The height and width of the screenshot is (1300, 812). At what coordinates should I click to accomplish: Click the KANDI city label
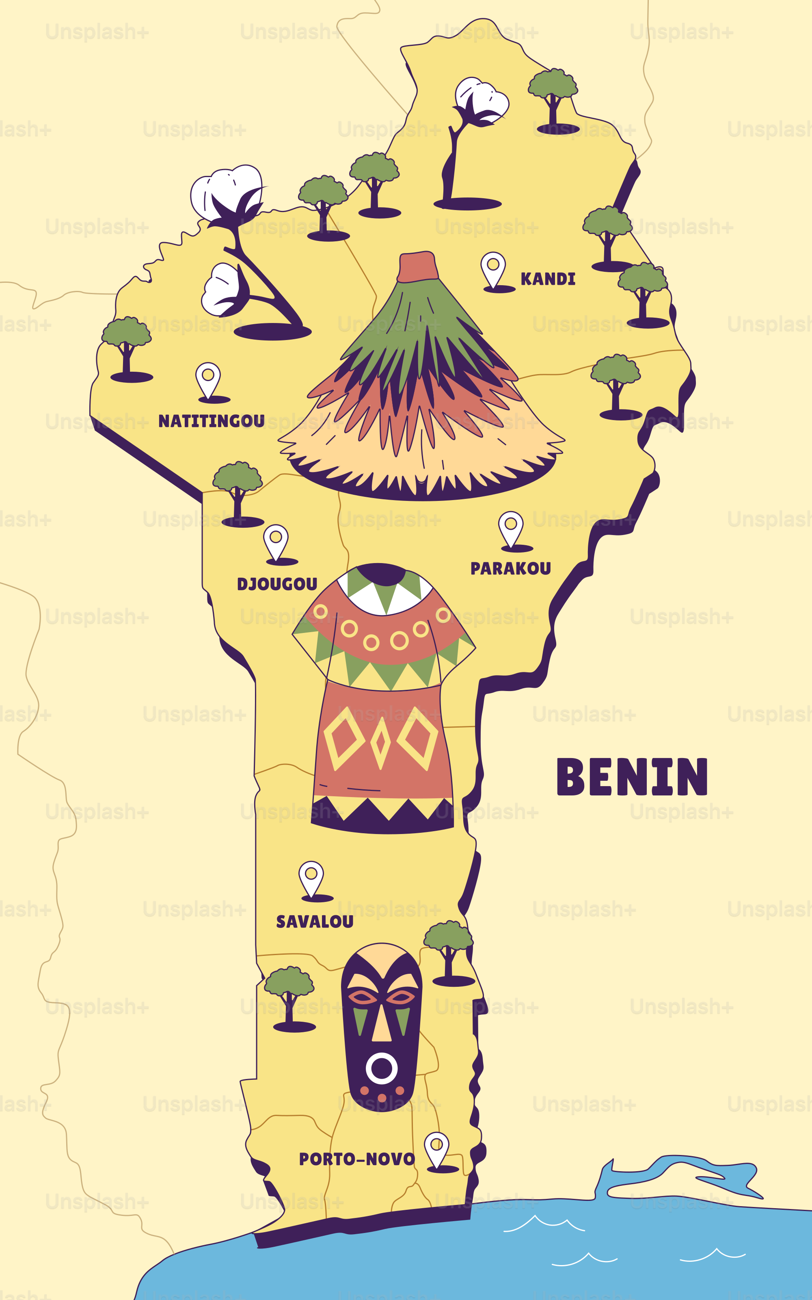(x=548, y=279)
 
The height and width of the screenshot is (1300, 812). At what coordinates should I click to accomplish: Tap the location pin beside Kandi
(x=493, y=269)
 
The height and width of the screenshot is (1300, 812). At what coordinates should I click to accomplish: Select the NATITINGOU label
(x=211, y=420)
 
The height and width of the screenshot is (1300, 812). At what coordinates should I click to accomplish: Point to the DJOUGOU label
(x=277, y=584)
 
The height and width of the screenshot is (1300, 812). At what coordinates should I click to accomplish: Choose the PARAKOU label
(x=511, y=568)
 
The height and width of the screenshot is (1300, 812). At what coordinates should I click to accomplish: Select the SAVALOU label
(x=315, y=922)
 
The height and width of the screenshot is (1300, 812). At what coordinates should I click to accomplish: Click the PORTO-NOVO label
(x=356, y=1159)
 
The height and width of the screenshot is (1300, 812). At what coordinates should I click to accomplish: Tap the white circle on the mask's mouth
(x=382, y=1068)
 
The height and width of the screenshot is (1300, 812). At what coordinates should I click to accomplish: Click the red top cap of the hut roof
(x=418, y=267)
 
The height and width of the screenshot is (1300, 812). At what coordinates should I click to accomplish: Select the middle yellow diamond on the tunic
(x=381, y=742)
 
